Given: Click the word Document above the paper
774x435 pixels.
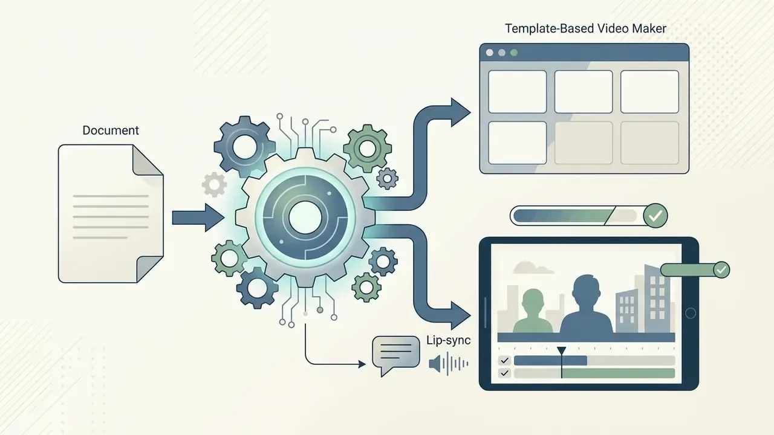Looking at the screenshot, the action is click(111, 130).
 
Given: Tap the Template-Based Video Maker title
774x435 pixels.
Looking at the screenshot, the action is click(586, 28).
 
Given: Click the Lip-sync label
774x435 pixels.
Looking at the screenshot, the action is click(449, 340).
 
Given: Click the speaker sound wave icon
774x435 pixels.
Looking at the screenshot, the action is click(449, 364).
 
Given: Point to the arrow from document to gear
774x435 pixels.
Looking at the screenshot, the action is click(198, 217).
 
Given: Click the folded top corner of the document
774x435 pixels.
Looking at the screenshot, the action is click(148, 159).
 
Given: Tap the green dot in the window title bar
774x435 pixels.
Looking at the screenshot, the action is click(514, 53).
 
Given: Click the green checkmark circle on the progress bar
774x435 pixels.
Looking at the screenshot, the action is click(655, 216).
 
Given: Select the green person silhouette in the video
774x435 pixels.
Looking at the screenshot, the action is click(533, 312).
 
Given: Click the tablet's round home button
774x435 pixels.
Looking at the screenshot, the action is click(691, 313).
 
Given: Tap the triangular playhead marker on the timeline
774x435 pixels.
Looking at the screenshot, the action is click(562, 351).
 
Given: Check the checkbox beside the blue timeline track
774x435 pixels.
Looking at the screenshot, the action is click(504, 361).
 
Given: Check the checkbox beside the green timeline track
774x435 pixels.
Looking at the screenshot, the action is click(504, 373).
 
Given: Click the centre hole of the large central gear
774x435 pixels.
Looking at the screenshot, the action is click(305, 218).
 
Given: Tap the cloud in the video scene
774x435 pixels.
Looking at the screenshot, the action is click(528, 268).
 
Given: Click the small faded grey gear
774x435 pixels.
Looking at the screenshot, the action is click(214, 185).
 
